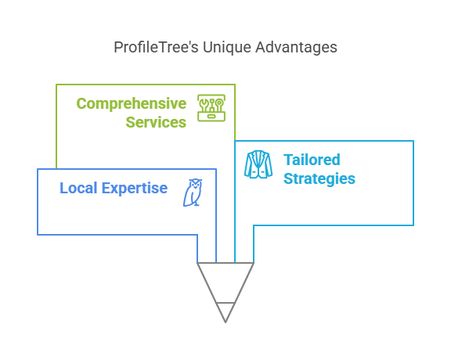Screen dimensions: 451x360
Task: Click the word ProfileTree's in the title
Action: [x=156, y=48]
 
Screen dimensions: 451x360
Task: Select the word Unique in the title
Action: [x=227, y=48]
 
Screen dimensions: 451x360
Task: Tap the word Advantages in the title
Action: [x=296, y=48]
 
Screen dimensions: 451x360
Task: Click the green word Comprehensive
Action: [x=132, y=104]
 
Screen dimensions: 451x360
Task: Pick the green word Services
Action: [x=156, y=122]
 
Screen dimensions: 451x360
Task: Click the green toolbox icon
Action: [x=211, y=108]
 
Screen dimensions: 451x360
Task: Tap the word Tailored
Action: [x=312, y=160]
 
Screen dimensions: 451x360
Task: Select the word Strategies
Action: [x=319, y=179]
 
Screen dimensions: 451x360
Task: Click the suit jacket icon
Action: [x=258, y=164]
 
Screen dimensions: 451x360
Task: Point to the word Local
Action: [x=78, y=188]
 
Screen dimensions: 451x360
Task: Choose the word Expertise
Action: [x=135, y=189]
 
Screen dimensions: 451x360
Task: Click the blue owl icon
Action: [x=193, y=193]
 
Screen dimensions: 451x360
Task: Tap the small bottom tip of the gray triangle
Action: [x=225, y=322]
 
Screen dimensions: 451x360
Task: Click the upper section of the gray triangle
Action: [x=225, y=280]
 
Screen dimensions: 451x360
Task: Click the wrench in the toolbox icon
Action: [x=204, y=105]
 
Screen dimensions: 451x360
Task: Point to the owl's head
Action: [x=196, y=184]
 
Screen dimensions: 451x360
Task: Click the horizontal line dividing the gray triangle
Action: [x=225, y=303]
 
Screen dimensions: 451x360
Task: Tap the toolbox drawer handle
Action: [x=211, y=117]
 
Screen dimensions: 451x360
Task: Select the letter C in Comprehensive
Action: [x=81, y=103]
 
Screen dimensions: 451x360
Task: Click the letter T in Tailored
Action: [x=288, y=160]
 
